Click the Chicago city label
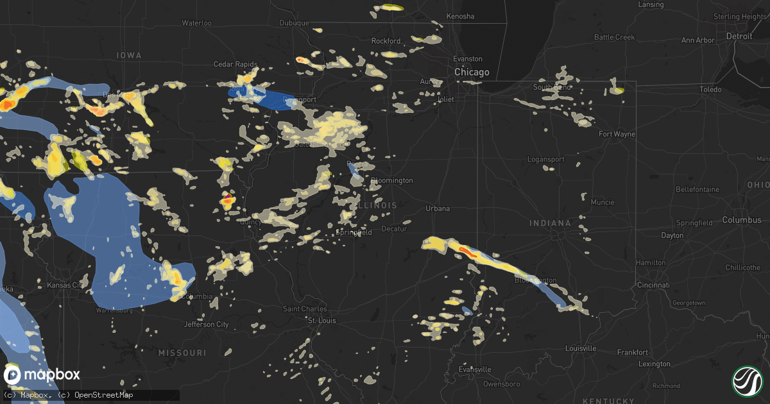pos(472,72)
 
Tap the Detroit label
pos(739,37)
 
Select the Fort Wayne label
pos(617,134)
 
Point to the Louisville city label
pos(581,348)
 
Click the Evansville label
pos(475,369)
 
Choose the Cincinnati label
pos(653,285)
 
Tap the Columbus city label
pos(742,220)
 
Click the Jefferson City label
pos(207,324)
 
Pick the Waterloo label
pos(196,23)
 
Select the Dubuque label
pos(295,23)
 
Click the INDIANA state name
pos(550,223)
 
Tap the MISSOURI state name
pos(183,353)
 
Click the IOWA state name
pos(129,56)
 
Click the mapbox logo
pos(42,375)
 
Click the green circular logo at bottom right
pos(746,380)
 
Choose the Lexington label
pos(654,364)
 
